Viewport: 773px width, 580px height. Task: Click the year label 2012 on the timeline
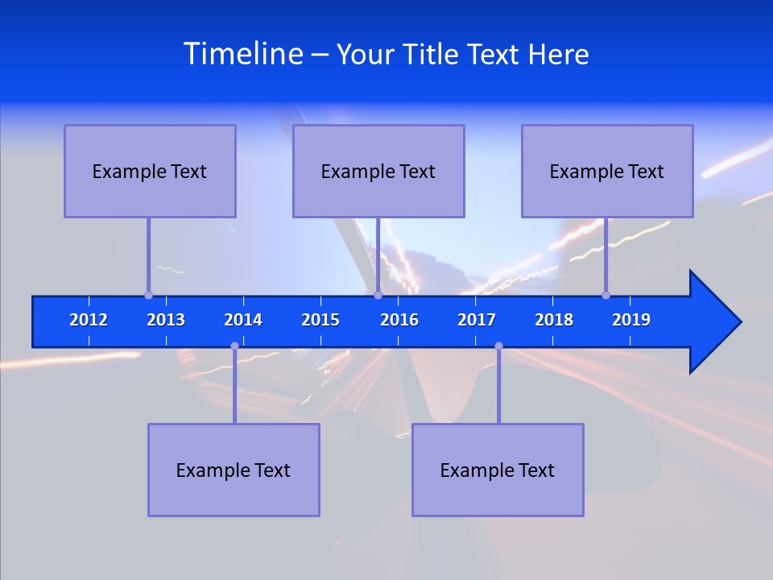pyautogui.click(x=89, y=320)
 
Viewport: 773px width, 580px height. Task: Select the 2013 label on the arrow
pyautogui.click(x=166, y=320)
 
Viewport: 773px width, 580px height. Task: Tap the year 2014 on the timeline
pyautogui.click(x=243, y=320)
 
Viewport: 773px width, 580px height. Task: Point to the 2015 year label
pyautogui.click(x=320, y=320)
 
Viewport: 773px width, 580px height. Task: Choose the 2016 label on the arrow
pyautogui.click(x=399, y=320)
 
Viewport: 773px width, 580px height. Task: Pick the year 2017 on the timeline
pyautogui.click(x=477, y=320)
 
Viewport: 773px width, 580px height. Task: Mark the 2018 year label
pyautogui.click(x=554, y=320)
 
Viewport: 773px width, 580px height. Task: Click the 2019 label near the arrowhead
pyautogui.click(x=631, y=320)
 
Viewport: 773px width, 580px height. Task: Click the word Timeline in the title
pyautogui.click(x=242, y=54)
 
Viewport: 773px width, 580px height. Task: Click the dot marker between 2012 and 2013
pyautogui.click(x=148, y=295)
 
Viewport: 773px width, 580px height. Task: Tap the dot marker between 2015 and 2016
pyautogui.click(x=378, y=295)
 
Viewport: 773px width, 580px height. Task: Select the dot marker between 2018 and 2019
pyautogui.click(x=606, y=295)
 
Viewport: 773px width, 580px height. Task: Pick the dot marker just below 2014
pyautogui.click(x=234, y=346)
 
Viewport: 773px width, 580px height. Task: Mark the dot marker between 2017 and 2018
pyautogui.click(x=498, y=346)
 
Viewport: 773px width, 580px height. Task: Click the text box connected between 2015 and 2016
pyautogui.click(x=378, y=171)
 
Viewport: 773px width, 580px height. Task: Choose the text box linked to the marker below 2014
pyautogui.click(x=234, y=470)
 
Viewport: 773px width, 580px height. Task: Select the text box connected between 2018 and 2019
pyautogui.click(x=607, y=171)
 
